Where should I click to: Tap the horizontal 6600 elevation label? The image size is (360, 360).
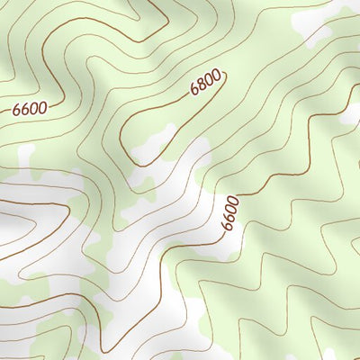pyautogui.click(x=29, y=109)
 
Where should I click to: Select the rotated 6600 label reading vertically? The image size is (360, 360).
pyautogui.click(x=230, y=212)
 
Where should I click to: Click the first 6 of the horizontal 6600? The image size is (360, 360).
pyautogui.click(x=16, y=110)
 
